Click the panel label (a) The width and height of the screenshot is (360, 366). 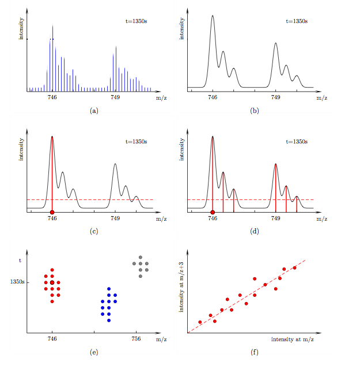pyautogui.click(x=94, y=110)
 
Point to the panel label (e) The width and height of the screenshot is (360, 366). pyautogui.click(x=94, y=353)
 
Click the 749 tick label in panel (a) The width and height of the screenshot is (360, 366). pyautogui.click(x=115, y=98)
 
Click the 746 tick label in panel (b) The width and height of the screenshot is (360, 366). pyautogui.click(x=213, y=98)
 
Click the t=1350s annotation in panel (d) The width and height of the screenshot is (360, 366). pyautogui.click(x=297, y=141)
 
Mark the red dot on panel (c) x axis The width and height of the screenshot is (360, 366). pyautogui.click(x=52, y=212)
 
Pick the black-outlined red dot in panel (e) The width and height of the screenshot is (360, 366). pyautogui.click(x=52, y=282)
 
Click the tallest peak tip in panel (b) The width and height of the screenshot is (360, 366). pyautogui.click(x=213, y=16)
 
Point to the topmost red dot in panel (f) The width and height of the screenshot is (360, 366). pyautogui.click(x=295, y=267)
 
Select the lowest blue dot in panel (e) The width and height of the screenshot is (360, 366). pyautogui.click(x=109, y=320)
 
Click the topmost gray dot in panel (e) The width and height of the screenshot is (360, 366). pyautogui.click(x=139, y=257)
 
